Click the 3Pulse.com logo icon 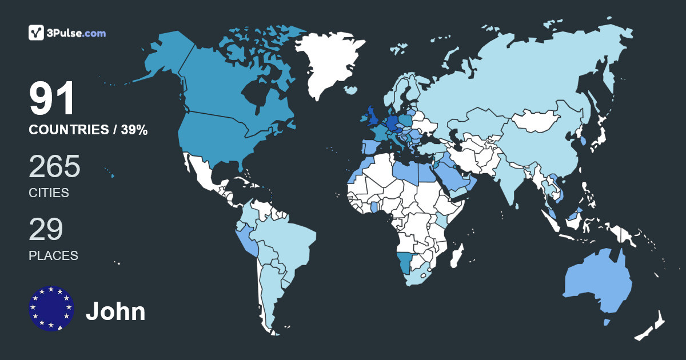[x=37, y=33]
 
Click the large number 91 [x=52, y=99]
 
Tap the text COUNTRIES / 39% [x=88, y=130]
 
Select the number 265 [x=55, y=167]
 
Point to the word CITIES [x=49, y=193]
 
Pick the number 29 [x=46, y=229]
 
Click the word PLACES [x=53, y=255]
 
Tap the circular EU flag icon [x=51, y=308]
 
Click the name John [x=115, y=312]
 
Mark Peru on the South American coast [x=247, y=240]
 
